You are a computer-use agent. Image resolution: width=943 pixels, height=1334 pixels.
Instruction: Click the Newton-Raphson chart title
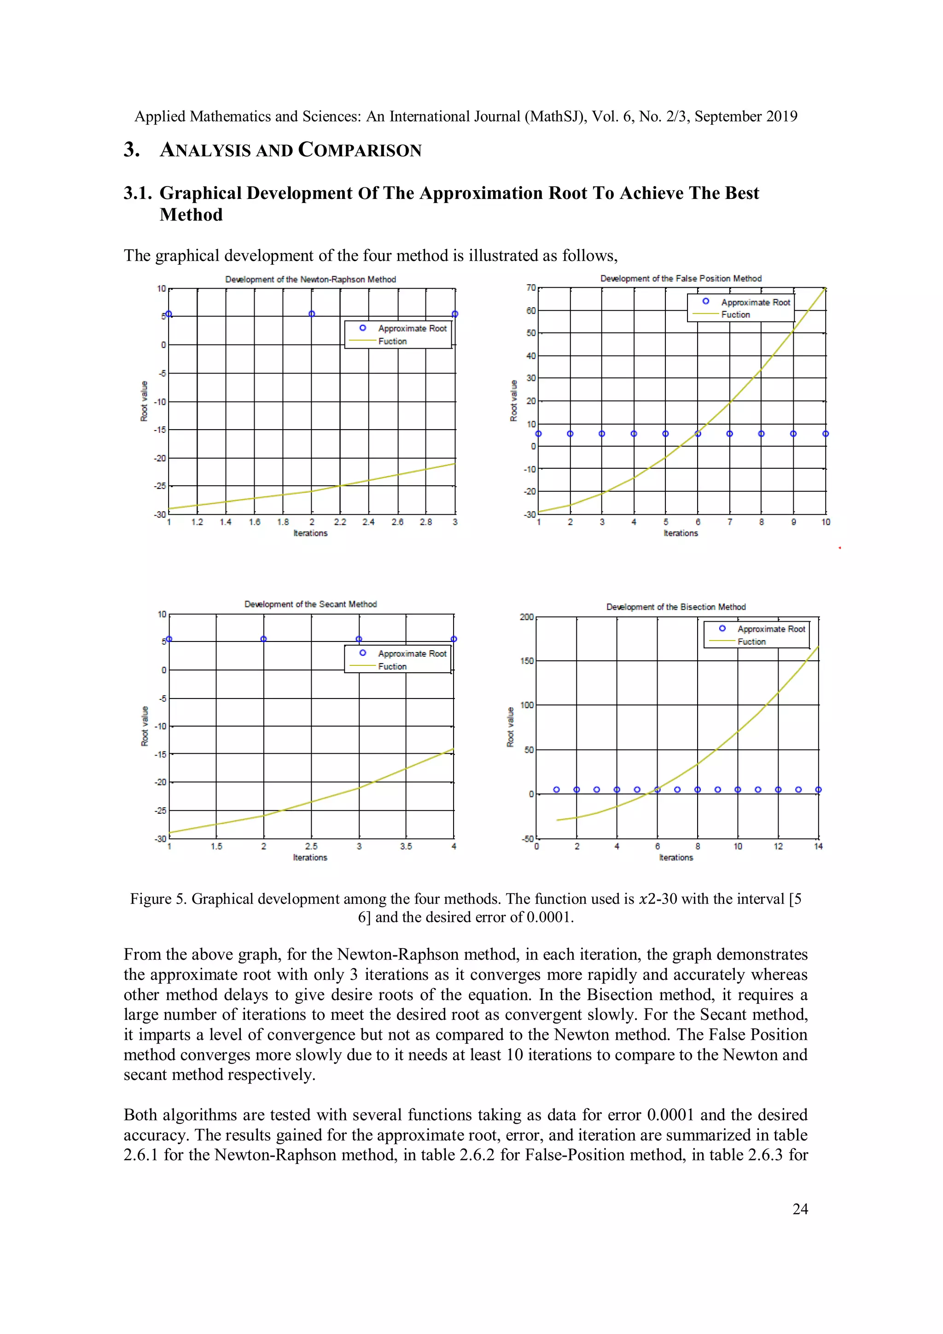pyautogui.click(x=310, y=280)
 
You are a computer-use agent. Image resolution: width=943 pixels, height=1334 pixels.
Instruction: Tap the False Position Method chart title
pyautogui.click(x=681, y=278)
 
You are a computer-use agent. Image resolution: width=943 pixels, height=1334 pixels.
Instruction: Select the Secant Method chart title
pyautogui.click(x=310, y=604)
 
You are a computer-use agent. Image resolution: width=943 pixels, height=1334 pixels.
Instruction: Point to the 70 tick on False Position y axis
pyautogui.click(x=530, y=288)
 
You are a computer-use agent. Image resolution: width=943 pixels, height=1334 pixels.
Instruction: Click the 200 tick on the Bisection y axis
pyautogui.click(x=526, y=617)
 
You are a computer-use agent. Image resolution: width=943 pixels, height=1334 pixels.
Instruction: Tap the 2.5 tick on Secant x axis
pyautogui.click(x=311, y=846)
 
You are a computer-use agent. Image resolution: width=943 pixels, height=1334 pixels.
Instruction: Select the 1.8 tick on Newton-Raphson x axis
pyautogui.click(x=283, y=522)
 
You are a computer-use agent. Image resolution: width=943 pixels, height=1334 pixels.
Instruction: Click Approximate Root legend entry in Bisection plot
pyautogui.click(x=771, y=629)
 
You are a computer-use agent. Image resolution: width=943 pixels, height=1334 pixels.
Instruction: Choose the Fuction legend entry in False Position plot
pyautogui.click(x=735, y=315)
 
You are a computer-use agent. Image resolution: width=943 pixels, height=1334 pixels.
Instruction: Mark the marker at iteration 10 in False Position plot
pyautogui.click(x=825, y=433)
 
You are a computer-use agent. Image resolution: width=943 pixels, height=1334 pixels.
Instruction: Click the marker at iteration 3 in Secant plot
pyautogui.click(x=359, y=639)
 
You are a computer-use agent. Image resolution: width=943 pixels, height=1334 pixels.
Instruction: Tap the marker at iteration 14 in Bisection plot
pyautogui.click(x=818, y=790)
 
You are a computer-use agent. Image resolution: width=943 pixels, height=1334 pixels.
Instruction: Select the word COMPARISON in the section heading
pyautogui.click(x=360, y=150)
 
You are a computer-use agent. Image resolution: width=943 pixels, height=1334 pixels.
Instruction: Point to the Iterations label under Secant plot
pyautogui.click(x=310, y=857)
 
